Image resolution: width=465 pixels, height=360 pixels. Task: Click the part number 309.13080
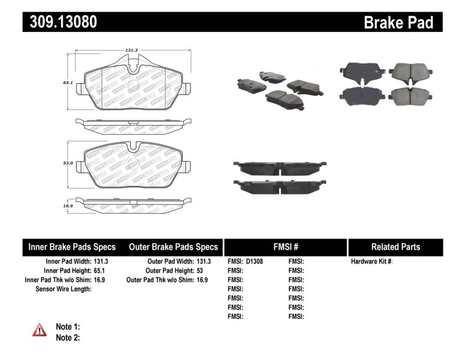coord(60,22)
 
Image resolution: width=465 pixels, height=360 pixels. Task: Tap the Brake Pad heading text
coord(398,23)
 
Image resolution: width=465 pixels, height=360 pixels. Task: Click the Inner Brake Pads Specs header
coord(72,247)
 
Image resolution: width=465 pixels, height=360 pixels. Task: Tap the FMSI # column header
coord(285,247)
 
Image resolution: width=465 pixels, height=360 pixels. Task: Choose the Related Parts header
coord(395,247)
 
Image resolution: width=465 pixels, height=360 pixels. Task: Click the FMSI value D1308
coord(255,262)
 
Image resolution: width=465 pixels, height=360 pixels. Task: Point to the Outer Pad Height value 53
coord(200,270)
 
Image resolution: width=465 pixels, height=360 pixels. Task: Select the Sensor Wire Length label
coord(60,288)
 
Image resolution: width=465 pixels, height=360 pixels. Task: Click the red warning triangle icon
coord(39,330)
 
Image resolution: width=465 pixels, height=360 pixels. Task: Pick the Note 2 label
coord(67,337)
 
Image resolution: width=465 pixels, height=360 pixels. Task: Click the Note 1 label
coord(67,327)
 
